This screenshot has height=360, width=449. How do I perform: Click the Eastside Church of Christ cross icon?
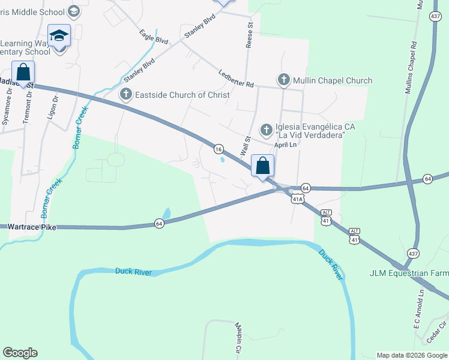(x=125, y=94)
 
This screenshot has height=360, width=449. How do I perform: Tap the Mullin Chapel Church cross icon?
(x=283, y=80)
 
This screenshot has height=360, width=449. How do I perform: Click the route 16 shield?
(x=218, y=149)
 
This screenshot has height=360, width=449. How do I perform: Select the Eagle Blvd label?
(x=153, y=37)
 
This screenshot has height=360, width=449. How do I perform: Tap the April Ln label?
(x=286, y=145)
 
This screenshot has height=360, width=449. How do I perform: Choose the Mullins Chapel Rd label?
(x=411, y=66)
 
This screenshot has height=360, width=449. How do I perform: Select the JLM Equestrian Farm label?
(x=408, y=273)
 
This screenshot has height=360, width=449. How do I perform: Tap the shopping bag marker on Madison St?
(x=23, y=73)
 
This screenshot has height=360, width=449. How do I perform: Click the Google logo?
(x=20, y=353)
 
